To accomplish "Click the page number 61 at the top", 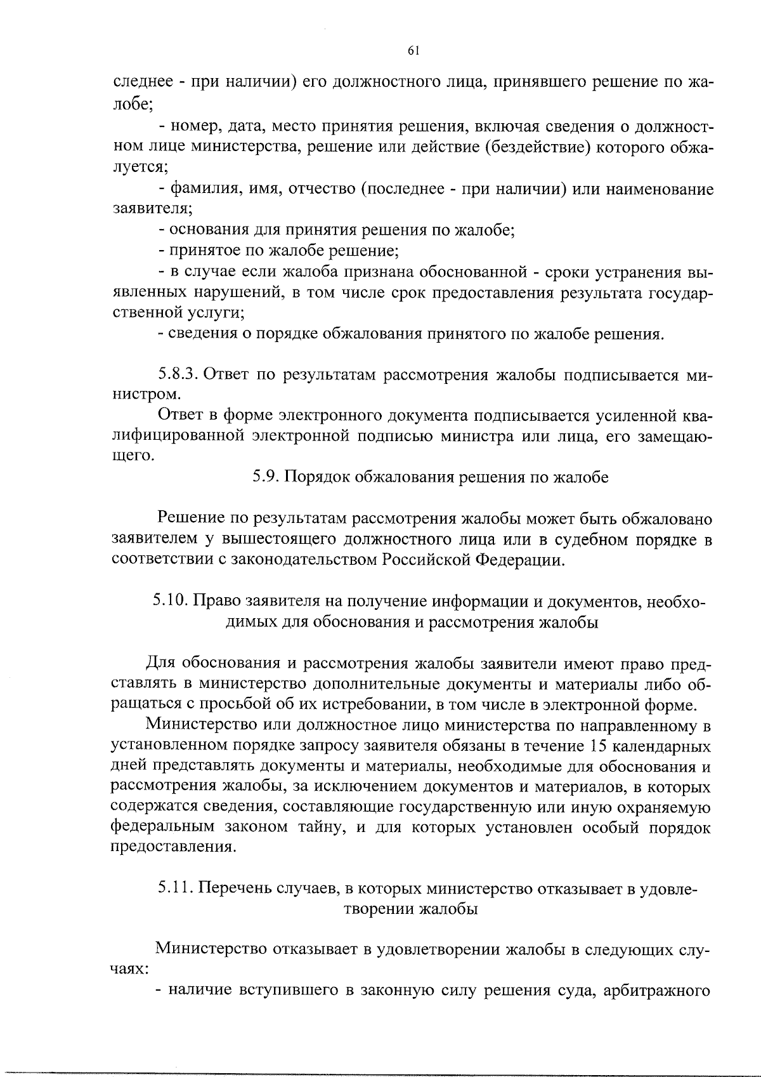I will [x=412, y=51].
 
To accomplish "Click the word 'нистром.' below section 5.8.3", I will [x=144, y=395].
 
